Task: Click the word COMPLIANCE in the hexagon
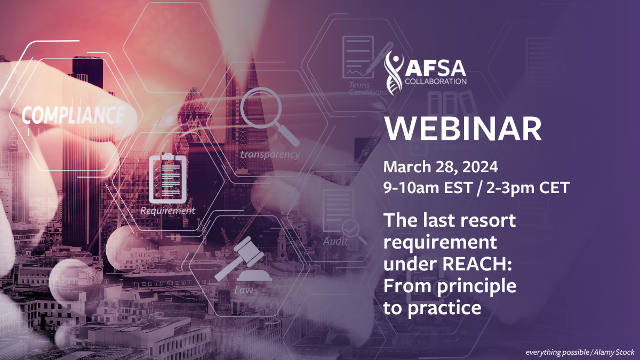click(x=74, y=115)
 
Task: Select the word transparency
click(x=270, y=155)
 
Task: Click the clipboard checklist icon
click(x=168, y=178)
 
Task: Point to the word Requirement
click(x=167, y=211)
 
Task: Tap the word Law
click(x=244, y=290)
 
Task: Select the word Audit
click(x=335, y=242)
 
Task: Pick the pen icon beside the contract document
click(x=379, y=58)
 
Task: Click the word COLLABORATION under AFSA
click(x=436, y=82)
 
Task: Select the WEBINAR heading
click(x=463, y=129)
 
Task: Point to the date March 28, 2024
click(x=441, y=167)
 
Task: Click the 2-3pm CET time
click(x=528, y=188)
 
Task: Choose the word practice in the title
click(x=445, y=309)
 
